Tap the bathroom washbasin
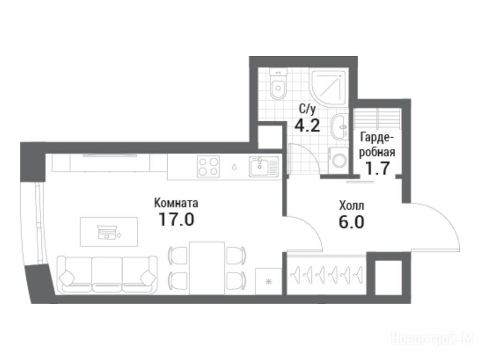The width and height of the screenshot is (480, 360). point(340,126)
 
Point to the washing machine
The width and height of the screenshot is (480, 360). point(338,160)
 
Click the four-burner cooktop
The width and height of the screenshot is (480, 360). point(209,166)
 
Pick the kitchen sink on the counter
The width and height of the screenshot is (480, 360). point(264,166)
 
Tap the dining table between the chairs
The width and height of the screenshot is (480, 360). point(207,268)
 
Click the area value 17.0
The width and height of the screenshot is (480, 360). point(176,219)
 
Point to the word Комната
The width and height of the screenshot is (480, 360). point(176,202)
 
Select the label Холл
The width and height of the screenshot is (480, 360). point(352,206)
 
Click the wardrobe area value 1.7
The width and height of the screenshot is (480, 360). point(378,168)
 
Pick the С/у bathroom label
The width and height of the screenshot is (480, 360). point(307,108)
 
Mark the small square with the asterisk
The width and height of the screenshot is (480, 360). point(269,281)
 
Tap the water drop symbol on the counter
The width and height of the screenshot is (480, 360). point(234,167)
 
